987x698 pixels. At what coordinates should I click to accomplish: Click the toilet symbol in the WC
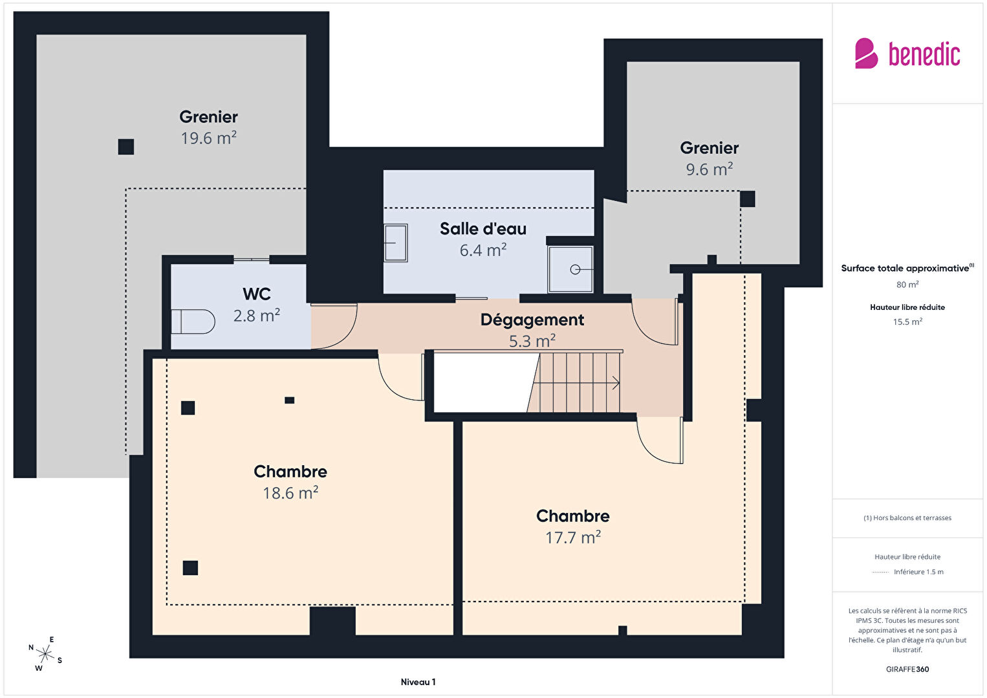(193, 322)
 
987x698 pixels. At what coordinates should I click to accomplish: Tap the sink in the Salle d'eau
(395, 243)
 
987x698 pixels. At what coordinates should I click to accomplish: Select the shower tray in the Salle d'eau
(570, 269)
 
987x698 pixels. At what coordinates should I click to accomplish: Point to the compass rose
(45, 654)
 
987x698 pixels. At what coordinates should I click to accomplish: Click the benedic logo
(907, 53)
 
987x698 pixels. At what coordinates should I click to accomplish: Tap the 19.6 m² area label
(208, 138)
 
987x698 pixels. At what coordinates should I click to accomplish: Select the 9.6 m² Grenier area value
(709, 169)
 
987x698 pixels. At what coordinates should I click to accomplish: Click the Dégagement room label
(532, 320)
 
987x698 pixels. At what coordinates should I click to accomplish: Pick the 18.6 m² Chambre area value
(290, 493)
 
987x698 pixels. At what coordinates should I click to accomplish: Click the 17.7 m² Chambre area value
(573, 537)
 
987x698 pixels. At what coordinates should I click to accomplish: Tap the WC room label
(256, 294)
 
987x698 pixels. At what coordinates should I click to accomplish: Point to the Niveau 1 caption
(418, 682)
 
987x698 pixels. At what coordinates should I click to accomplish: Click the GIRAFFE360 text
(907, 669)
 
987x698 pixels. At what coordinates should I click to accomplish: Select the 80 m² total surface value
(907, 284)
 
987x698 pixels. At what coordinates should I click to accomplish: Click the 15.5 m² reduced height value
(907, 322)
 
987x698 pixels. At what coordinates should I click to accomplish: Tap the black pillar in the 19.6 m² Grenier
(126, 147)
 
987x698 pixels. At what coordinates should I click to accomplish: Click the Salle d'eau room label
(483, 229)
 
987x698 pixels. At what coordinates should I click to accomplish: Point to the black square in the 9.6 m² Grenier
(747, 199)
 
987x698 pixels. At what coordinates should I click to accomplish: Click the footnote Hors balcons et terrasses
(907, 518)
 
